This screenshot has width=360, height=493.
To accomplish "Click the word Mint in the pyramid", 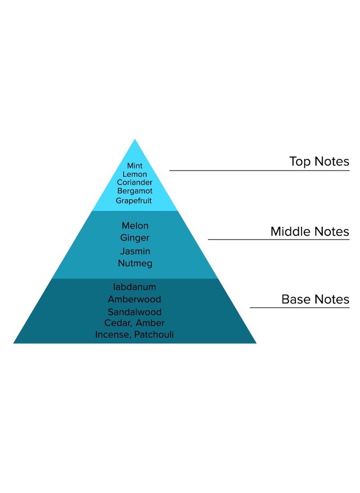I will (x=135, y=166).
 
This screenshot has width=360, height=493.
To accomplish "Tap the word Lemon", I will (x=135, y=175).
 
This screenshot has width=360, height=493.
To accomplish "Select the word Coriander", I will (x=135, y=183).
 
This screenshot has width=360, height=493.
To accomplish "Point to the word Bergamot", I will (x=135, y=191).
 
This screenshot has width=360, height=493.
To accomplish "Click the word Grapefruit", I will (x=134, y=201).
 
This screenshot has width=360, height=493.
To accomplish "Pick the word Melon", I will (x=135, y=226).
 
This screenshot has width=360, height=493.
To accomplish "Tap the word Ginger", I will (x=135, y=238).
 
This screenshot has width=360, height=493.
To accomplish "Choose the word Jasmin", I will (x=135, y=251).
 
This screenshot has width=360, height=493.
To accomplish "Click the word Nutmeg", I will (x=135, y=264).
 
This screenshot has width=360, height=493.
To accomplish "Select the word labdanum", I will (x=135, y=287).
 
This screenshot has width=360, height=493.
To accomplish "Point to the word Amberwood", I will (x=135, y=299).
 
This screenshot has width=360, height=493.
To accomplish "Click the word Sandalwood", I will (x=135, y=312).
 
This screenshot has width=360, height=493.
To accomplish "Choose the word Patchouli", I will (x=154, y=335).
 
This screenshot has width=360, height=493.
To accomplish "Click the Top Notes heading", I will (x=319, y=161).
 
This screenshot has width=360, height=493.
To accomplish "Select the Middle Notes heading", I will (x=310, y=232).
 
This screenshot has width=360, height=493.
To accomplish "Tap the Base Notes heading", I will (x=315, y=299).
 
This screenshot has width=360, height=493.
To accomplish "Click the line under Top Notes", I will (x=259, y=170).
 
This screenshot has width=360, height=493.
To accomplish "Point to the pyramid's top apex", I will (x=135, y=140).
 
